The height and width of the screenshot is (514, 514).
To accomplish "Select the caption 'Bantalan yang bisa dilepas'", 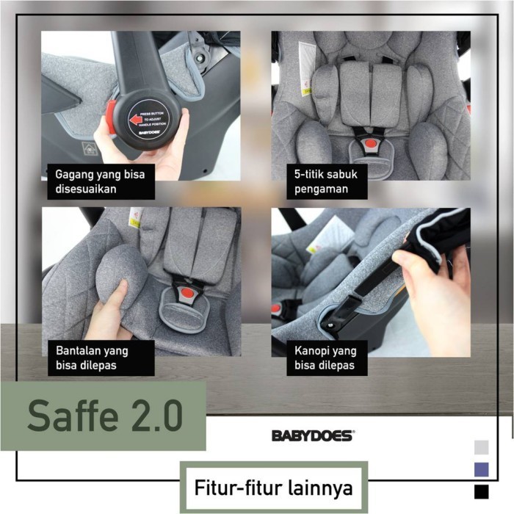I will pos(101,358).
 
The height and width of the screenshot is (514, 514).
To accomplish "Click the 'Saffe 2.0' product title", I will pos(104,416).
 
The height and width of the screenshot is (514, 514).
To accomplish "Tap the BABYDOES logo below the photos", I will pos(313,435).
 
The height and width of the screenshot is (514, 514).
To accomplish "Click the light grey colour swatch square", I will pos(482,447).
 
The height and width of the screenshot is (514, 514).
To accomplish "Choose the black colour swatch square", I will pos(482,491).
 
